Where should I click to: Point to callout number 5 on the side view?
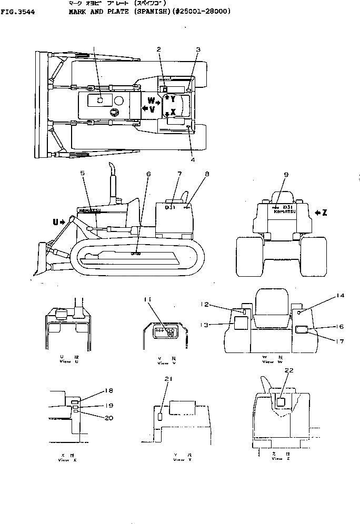(82, 173)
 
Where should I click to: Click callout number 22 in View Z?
(288, 370)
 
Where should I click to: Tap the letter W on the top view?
(151, 100)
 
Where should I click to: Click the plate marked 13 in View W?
(241, 323)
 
